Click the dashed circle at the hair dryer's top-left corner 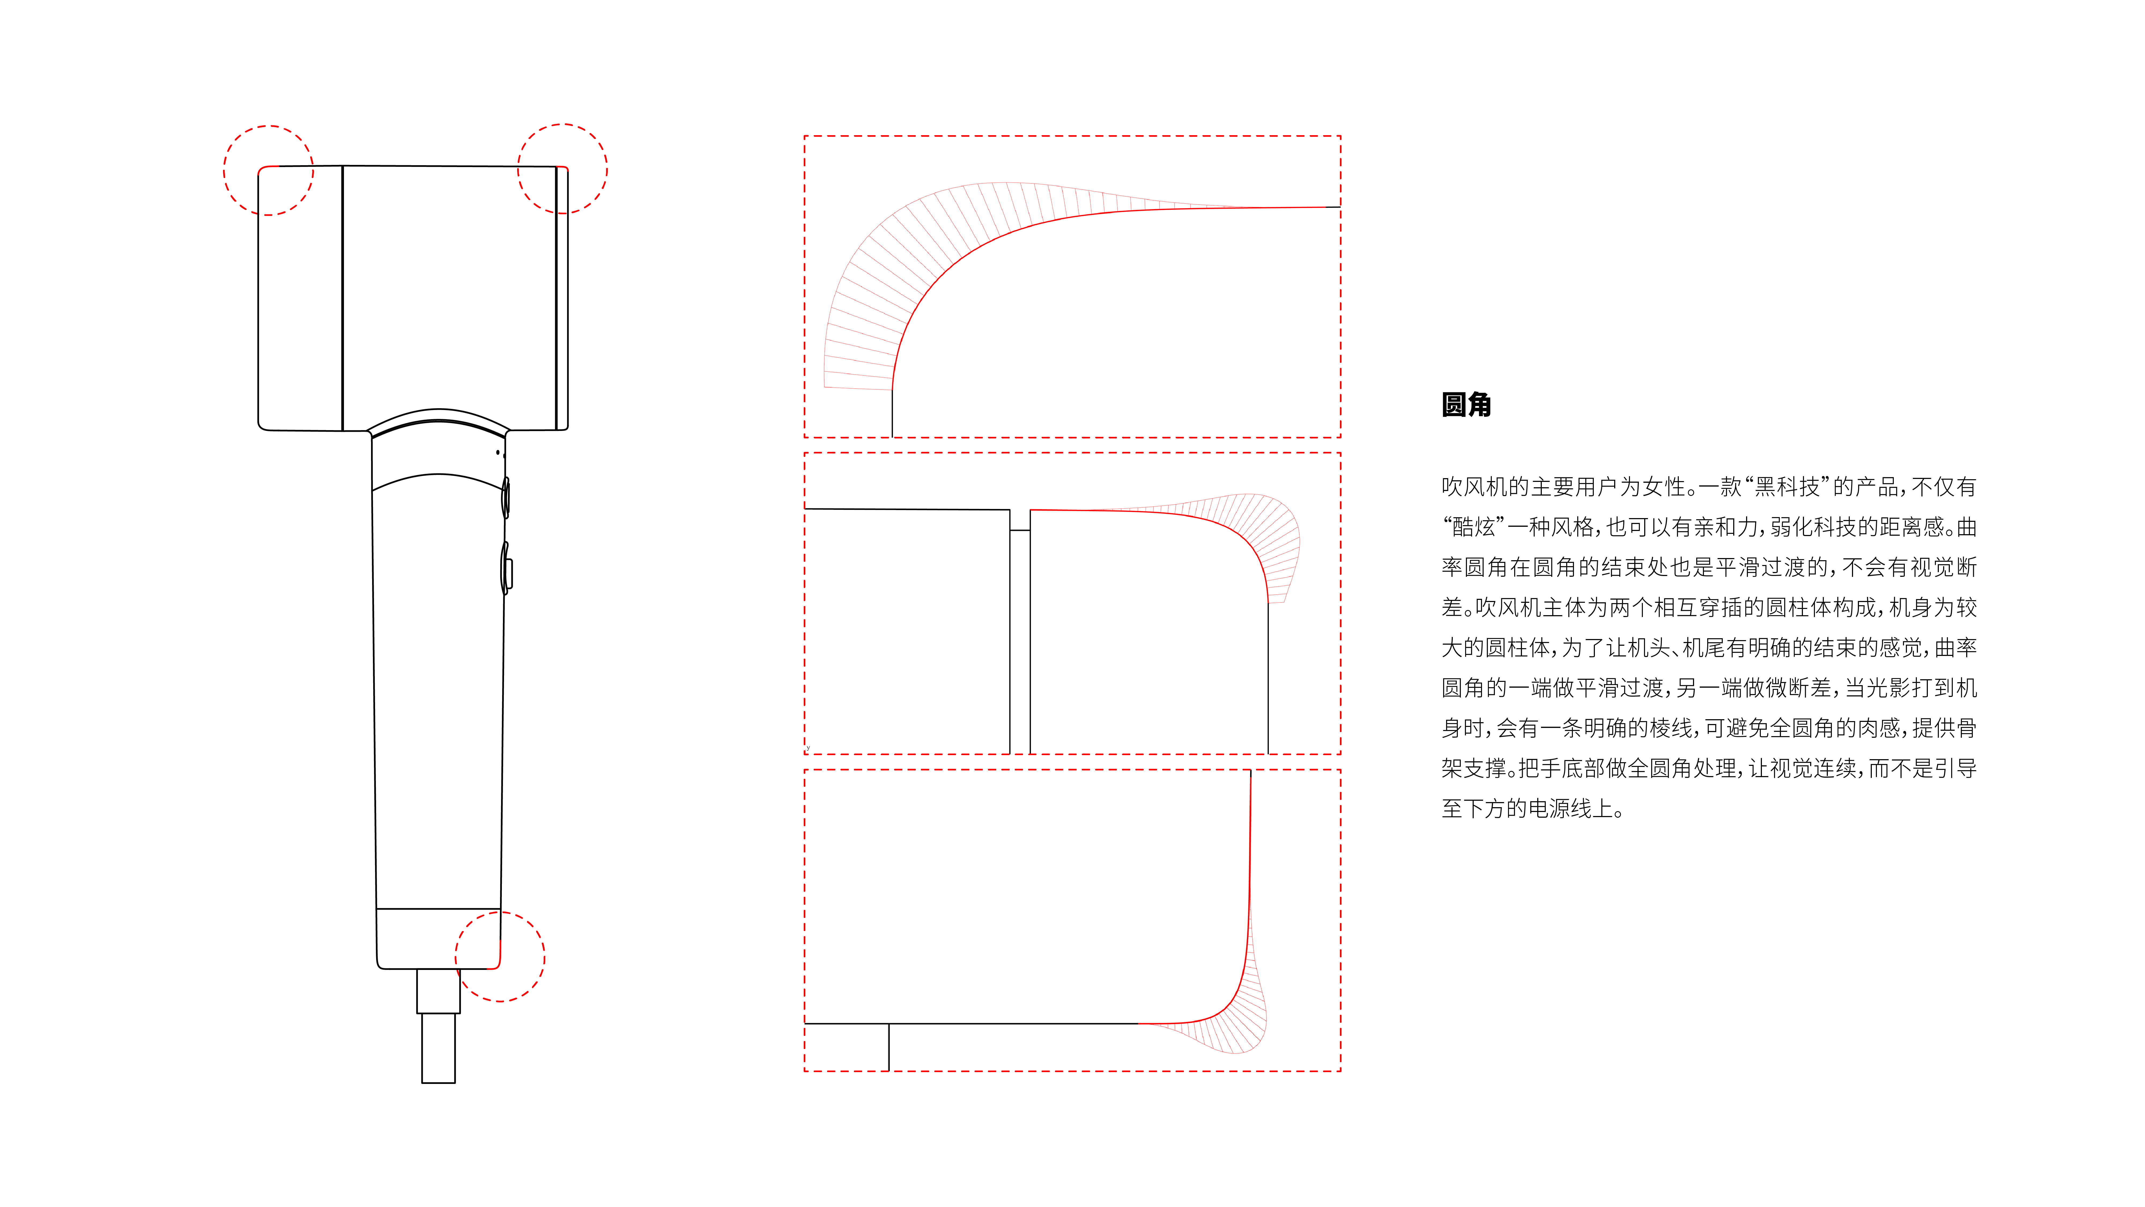(268, 171)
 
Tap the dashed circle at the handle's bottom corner (500, 956)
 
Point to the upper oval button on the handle (505, 497)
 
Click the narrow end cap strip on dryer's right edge (563, 298)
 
